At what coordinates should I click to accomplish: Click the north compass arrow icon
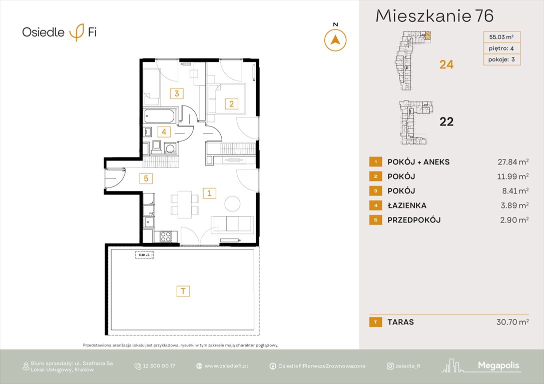[335, 40]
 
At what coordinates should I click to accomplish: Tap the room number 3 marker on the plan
[176, 93]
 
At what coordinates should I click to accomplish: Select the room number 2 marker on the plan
[231, 104]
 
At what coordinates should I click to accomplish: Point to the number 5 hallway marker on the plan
[146, 177]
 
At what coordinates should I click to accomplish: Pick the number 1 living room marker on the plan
[210, 192]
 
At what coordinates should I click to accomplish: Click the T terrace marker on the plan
[183, 291]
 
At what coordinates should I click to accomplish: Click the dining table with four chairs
[185, 203]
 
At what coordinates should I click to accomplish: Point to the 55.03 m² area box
[501, 36]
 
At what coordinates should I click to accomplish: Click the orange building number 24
[446, 64]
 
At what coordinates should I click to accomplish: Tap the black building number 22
[446, 121]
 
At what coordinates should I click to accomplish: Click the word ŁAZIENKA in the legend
[407, 205]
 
